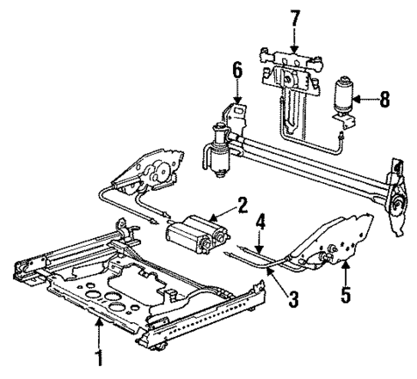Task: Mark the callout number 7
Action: (x=294, y=16)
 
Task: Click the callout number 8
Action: (x=384, y=100)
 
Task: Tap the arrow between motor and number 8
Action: (x=363, y=100)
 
